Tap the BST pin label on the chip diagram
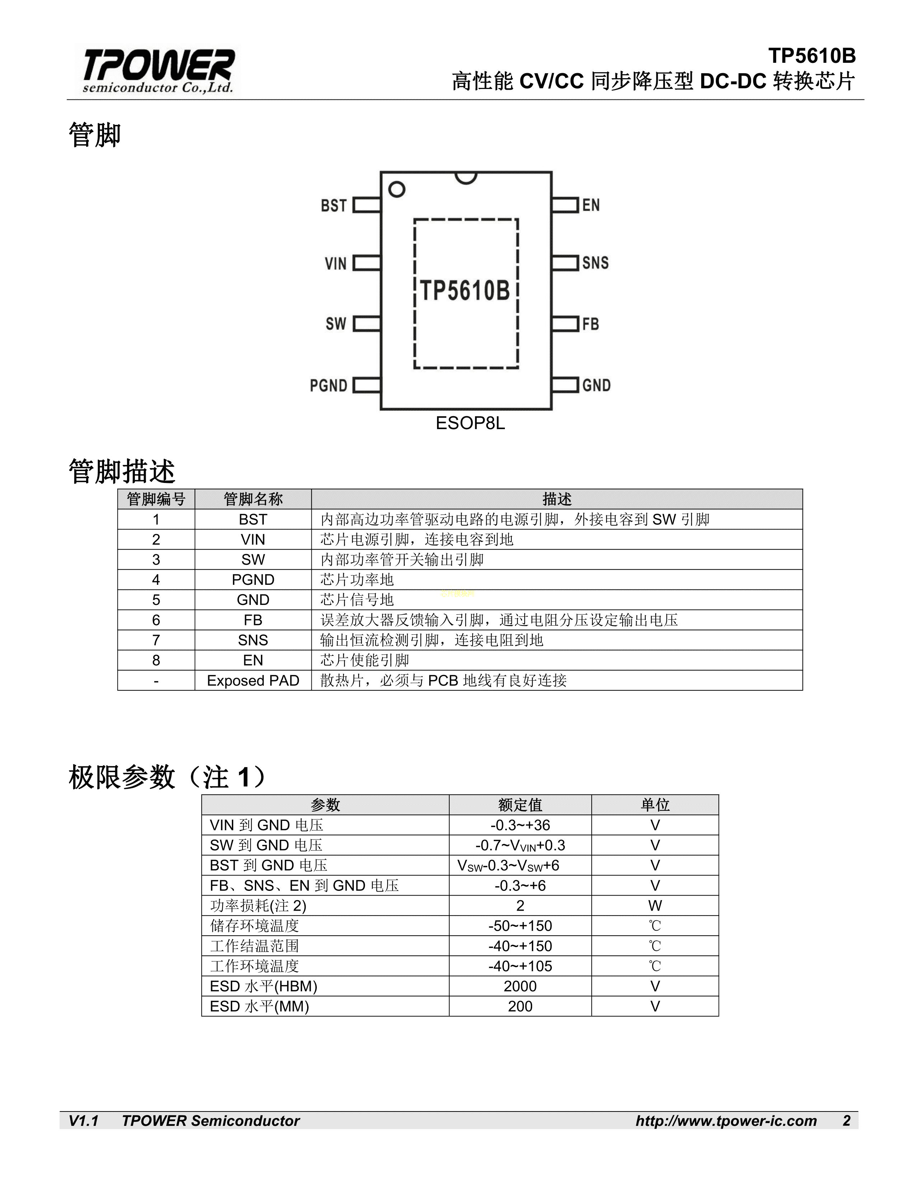[333, 206]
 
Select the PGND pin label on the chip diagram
[328, 385]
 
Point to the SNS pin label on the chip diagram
[595, 263]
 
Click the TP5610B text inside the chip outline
[465, 291]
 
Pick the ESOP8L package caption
[470, 423]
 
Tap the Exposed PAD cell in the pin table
[253, 680]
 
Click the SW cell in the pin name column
[253, 559]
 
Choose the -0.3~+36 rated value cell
[520, 825]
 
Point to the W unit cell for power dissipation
[655, 905]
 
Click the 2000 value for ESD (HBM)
[520, 986]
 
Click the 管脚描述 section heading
[122, 471]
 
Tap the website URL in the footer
[726, 1120]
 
